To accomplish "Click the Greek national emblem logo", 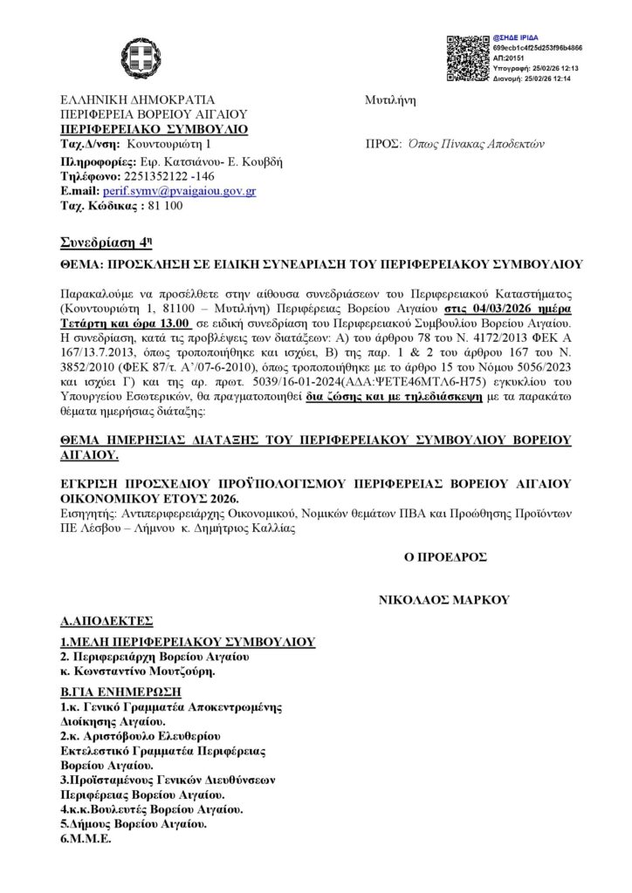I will point(140,58).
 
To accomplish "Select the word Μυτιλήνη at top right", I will point(390,100).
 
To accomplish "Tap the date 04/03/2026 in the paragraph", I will point(496,310).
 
